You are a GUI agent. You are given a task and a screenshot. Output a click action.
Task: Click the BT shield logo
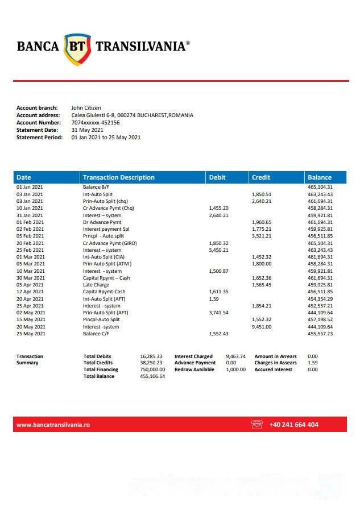(77, 47)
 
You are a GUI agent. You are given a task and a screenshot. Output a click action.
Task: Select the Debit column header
(217, 177)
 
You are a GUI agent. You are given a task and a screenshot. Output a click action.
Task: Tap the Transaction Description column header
(118, 177)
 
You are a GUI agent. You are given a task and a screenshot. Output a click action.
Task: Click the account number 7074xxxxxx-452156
(96, 122)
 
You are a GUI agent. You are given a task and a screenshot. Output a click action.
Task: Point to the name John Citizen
(86, 107)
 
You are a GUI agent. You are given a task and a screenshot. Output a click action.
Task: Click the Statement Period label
(39, 137)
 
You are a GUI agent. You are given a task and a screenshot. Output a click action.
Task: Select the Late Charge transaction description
(96, 285)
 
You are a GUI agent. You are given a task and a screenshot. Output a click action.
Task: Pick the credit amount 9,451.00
(262, 327)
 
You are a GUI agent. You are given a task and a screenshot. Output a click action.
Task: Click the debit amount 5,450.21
(219, 250)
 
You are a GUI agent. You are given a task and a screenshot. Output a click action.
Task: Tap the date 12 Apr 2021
(30, 292)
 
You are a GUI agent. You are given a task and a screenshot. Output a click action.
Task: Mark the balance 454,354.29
(320, 299)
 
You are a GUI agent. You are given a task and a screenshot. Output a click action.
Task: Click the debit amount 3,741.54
(219, 313)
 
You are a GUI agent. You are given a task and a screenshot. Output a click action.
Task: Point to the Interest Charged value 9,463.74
(235, 356)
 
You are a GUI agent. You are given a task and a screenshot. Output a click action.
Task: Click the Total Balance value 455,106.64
(152, 376)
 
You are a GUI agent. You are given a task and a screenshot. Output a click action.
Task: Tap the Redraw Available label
(195, 369)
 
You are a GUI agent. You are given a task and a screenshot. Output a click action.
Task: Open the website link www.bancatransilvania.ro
(53, 425)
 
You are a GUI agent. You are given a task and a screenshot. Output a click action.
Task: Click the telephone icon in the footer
(256, 425)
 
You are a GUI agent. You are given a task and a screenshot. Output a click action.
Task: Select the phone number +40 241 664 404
(293, 425)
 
